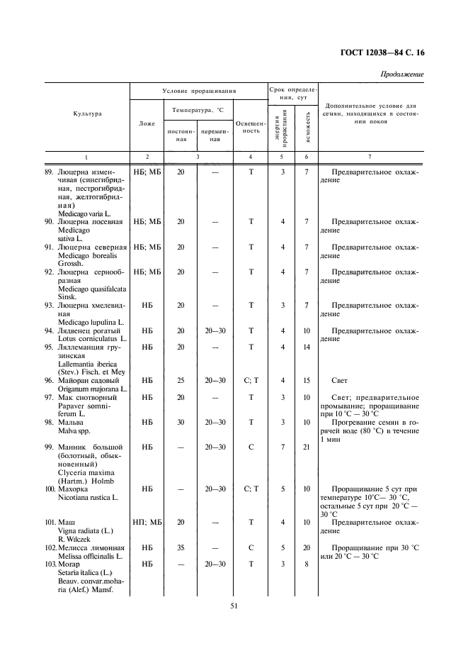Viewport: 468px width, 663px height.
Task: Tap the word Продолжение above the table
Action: point(402,74)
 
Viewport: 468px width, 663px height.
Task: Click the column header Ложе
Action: point(147,123)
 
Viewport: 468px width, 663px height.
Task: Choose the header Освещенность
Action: point(251,127)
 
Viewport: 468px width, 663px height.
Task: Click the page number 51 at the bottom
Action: point(234,605)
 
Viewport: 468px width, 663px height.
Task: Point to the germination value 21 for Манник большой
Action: point(307,447)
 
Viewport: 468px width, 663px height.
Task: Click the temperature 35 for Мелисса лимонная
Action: point(181,548)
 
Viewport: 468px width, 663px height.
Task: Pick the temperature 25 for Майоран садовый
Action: point(181,381)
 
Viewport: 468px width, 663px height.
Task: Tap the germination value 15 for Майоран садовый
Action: point(307,381)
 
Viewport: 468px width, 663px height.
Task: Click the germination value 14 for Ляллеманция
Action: point(307,347)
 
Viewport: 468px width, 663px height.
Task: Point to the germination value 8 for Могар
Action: point(307,564)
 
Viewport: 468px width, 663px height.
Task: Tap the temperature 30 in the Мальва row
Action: point(181,423)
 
